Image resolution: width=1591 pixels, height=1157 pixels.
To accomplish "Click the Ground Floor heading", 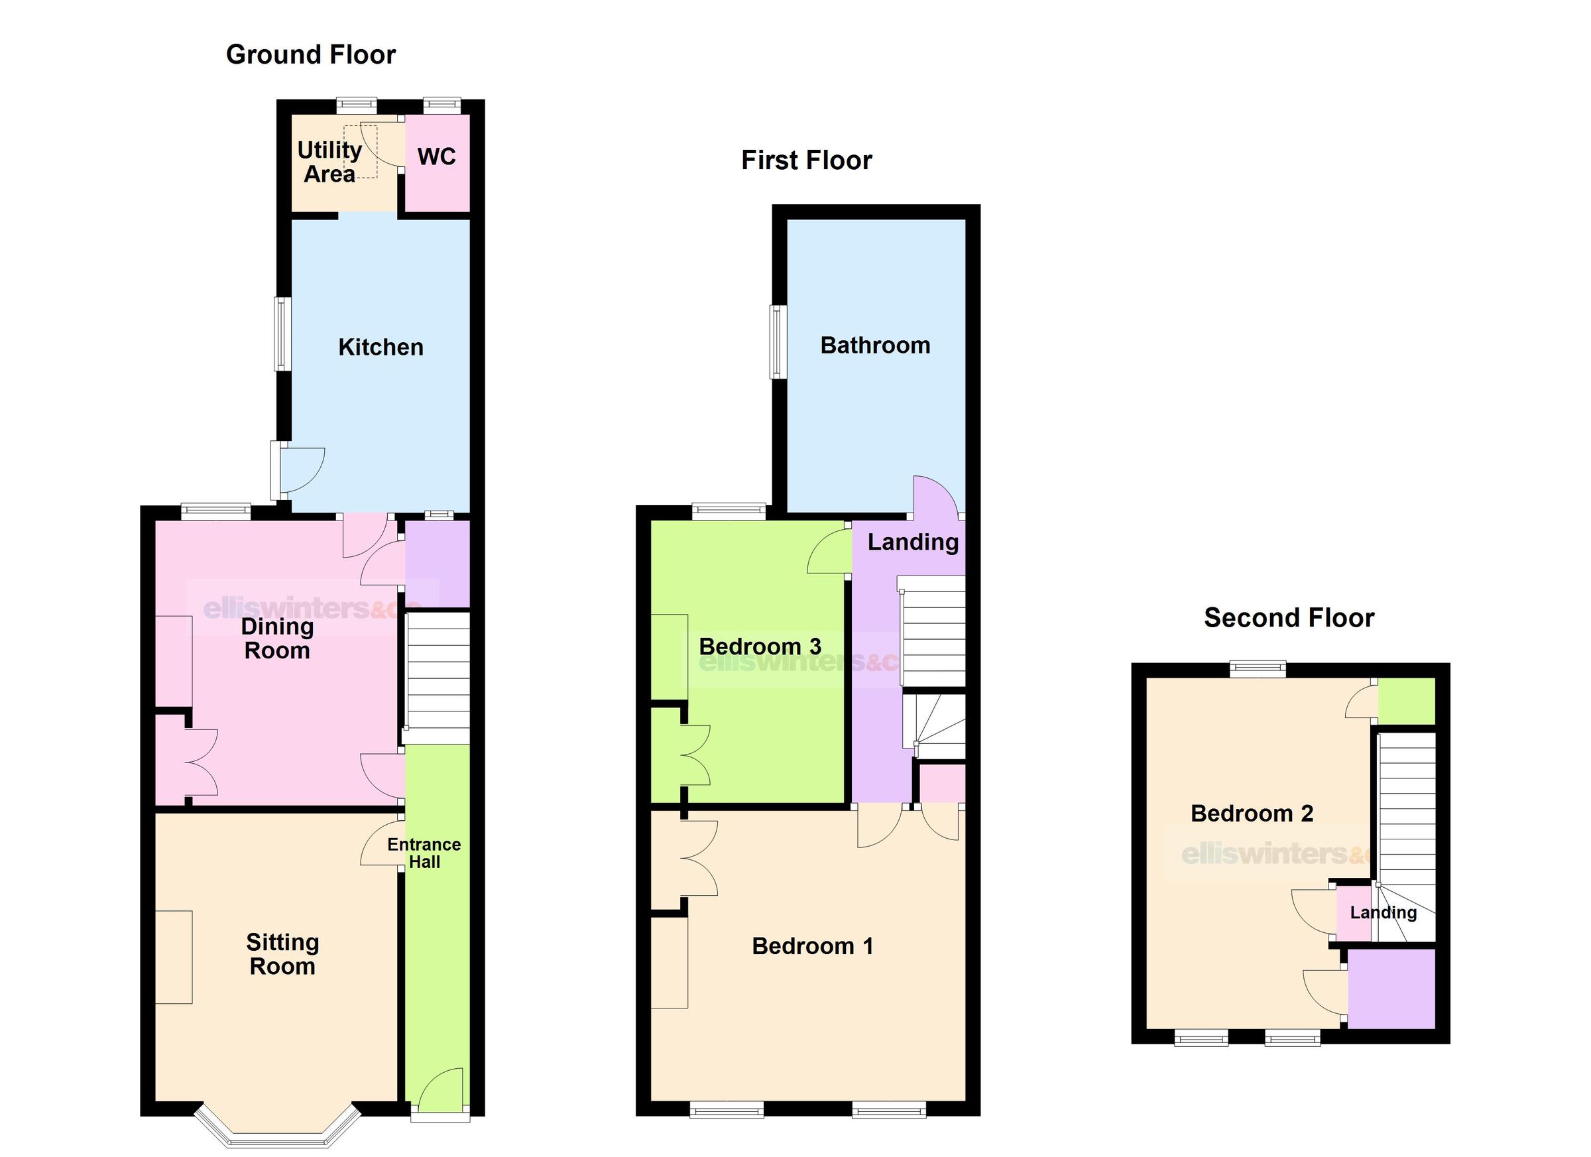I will (x=311, y=55).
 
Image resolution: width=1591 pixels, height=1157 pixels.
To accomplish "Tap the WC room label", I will (x=436, y=156).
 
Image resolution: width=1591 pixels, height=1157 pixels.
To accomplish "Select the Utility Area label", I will (x=329, y=162).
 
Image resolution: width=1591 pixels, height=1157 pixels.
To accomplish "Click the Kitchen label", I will (x=381, y=347).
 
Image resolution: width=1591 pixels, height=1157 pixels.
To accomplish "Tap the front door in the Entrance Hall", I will (x=441, y=1092).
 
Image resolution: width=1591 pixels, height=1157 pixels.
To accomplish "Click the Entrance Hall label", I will (x=424, y=853).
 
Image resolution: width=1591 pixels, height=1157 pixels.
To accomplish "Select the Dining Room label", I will (x=277, y=639).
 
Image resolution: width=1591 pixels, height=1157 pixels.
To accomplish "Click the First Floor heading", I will (x=806, y=160).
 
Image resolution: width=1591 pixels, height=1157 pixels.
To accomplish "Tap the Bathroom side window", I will (x=778, y=341).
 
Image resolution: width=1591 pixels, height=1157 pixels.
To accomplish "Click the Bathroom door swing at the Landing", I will (x=935, y=498).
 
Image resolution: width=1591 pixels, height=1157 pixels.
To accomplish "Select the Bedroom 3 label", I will (x=760, y=646).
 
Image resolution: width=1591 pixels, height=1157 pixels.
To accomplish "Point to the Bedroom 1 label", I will (x=812, y=945).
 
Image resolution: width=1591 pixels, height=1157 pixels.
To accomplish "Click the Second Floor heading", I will (x=1289, y=618).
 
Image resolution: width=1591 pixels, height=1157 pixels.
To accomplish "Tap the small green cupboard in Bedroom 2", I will (x=1407, y=700).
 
